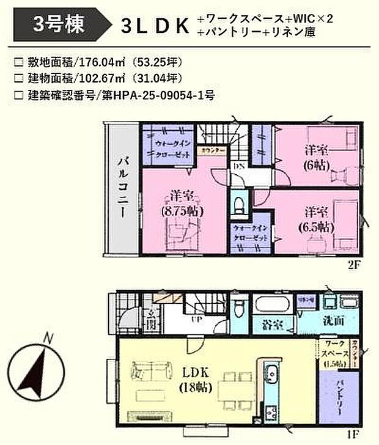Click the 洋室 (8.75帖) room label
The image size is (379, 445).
[180, 204]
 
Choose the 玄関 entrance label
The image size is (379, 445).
[150, 317]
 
